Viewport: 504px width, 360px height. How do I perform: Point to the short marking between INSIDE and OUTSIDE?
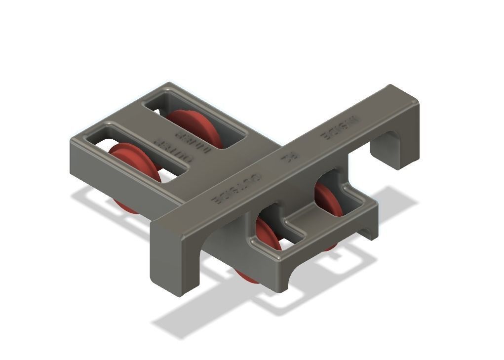tap(287, 159)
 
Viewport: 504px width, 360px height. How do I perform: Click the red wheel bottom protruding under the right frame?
tap(247, 277)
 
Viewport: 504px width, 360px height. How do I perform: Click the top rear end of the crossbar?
tap(395, 89)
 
